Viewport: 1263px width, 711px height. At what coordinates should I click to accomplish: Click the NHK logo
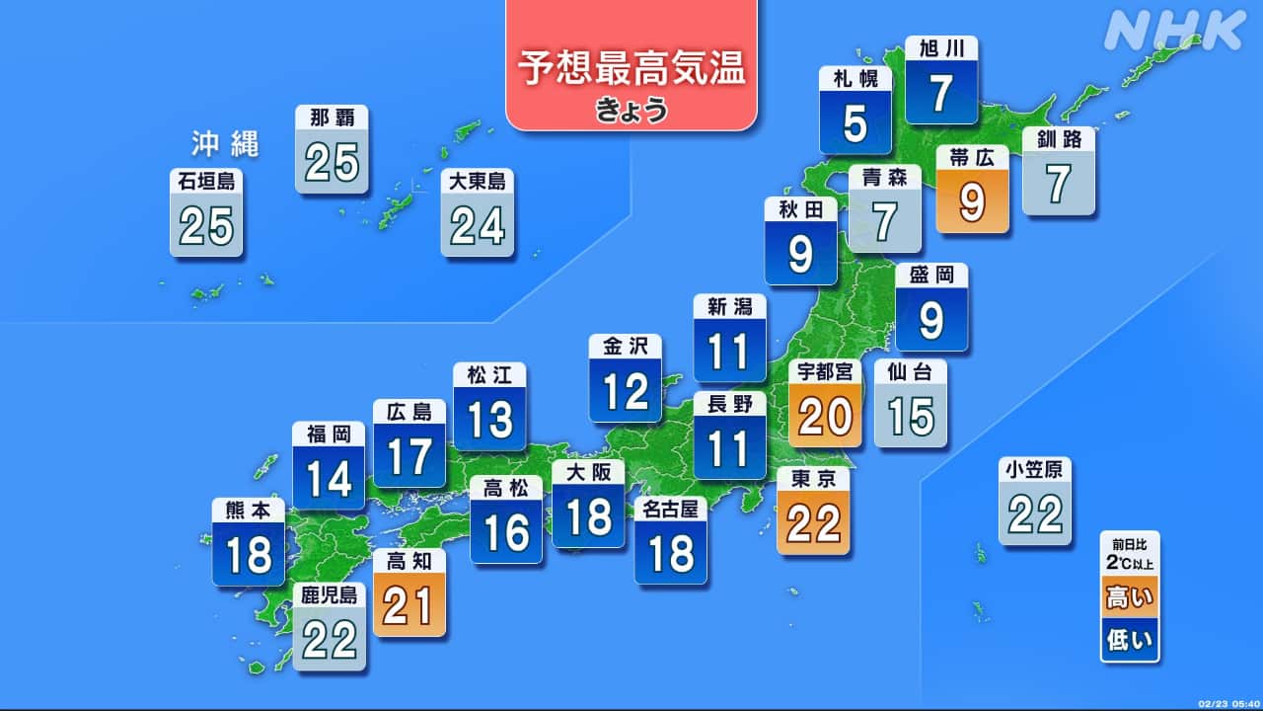click(x=1174, y=32)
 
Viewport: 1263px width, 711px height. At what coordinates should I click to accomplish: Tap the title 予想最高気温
click(x=631, y=70)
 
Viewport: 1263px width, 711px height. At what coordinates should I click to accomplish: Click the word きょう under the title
click(x=631, y=110)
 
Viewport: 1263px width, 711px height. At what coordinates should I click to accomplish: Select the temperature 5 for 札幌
click(x=855, y=124)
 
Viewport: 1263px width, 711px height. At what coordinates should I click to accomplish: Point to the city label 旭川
click(x=941, y=48)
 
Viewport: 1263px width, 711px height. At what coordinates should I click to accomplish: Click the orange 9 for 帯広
click(x=972, y=203)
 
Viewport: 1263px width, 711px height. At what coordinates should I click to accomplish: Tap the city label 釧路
click(x=1059, y=139)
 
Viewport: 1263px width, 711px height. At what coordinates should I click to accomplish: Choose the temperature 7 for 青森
click(x=885, y=222)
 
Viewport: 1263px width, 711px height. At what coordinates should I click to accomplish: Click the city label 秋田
click(x=800, y=208)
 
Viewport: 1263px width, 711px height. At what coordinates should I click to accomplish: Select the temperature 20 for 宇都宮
click(x=825, y=418)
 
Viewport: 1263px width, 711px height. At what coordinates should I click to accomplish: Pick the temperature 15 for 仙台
click(x=910, y=418)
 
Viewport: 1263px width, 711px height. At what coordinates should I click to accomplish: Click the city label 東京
click(x=813, y=478)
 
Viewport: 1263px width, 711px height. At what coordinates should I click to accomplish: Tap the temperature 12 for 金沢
click(x=626, y=393)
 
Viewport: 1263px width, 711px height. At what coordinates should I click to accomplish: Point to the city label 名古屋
click(x=670, y=510)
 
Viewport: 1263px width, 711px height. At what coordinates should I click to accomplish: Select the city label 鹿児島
click(x=330, y=594)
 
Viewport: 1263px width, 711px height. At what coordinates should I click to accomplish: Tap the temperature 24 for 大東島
click(x=478, y=227)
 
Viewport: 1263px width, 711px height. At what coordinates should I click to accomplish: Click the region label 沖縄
click(x=225, y=145)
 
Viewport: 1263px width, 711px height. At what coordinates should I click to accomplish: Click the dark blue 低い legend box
click(x=1131, y=642)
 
